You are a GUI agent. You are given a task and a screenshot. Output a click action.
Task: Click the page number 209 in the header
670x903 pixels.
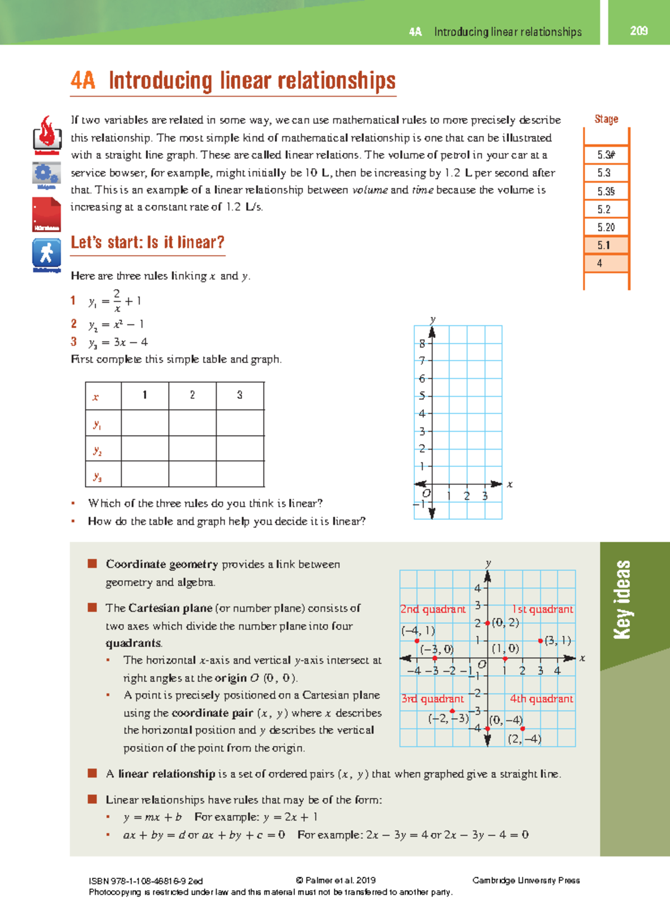(x=639, y=31)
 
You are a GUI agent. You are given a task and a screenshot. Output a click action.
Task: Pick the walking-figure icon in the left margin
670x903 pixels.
(x=46, y=254)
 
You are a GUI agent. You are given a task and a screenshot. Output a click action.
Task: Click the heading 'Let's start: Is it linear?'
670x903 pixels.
(x=147, y=242)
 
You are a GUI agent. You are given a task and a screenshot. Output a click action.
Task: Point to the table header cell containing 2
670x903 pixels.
(x=192, y=395)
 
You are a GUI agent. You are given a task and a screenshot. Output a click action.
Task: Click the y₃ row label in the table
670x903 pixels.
(x=98, y=476)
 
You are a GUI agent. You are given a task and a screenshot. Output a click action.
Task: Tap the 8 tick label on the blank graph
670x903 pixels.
(x=422, y=343)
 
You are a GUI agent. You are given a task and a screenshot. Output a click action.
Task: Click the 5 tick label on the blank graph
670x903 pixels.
(x=422, y=396)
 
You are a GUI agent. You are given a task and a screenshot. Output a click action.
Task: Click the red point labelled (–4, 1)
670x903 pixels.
(x=417, y=641)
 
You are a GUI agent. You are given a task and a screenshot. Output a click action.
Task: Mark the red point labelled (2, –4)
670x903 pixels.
(x=523, y=729)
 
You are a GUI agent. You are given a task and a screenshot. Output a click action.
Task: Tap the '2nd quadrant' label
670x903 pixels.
(x=433, y=609)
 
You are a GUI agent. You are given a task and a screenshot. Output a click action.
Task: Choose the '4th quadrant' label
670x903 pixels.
(x=541, y=699)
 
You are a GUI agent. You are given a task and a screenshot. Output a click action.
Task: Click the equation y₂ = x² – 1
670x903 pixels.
(x=116, y=324)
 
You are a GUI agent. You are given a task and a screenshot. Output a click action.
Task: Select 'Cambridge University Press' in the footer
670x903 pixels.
(x=526, y=880)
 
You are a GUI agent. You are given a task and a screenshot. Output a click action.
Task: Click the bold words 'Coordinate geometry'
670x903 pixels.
(x=162, y=564)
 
